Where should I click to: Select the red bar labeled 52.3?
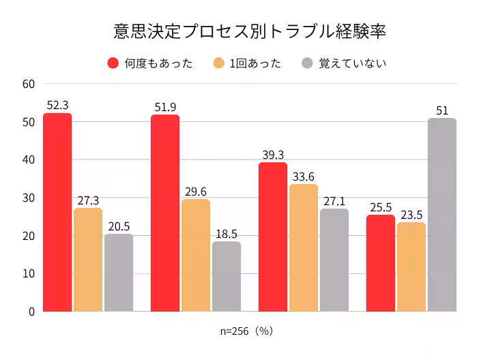coord(57,212)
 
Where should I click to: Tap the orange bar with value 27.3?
coord(88,259)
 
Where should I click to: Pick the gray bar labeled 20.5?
coord(119,272)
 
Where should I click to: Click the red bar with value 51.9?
coord(165,213)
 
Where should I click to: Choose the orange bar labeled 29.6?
coord(196,255)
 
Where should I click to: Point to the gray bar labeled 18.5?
coord(227,276)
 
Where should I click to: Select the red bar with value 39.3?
coord(273,237)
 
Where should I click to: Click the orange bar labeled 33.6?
coord(304,247)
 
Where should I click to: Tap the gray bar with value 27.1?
coord(334,260)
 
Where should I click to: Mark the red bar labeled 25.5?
coord(381,262)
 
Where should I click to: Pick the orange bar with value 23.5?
coord(411,267)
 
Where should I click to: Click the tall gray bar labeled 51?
coord(442,215)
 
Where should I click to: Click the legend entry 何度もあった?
coord(150,63)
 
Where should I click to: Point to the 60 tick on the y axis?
coord(28,84)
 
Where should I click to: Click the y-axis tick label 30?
coord(28,198)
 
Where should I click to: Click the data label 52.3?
coord(57,105)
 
